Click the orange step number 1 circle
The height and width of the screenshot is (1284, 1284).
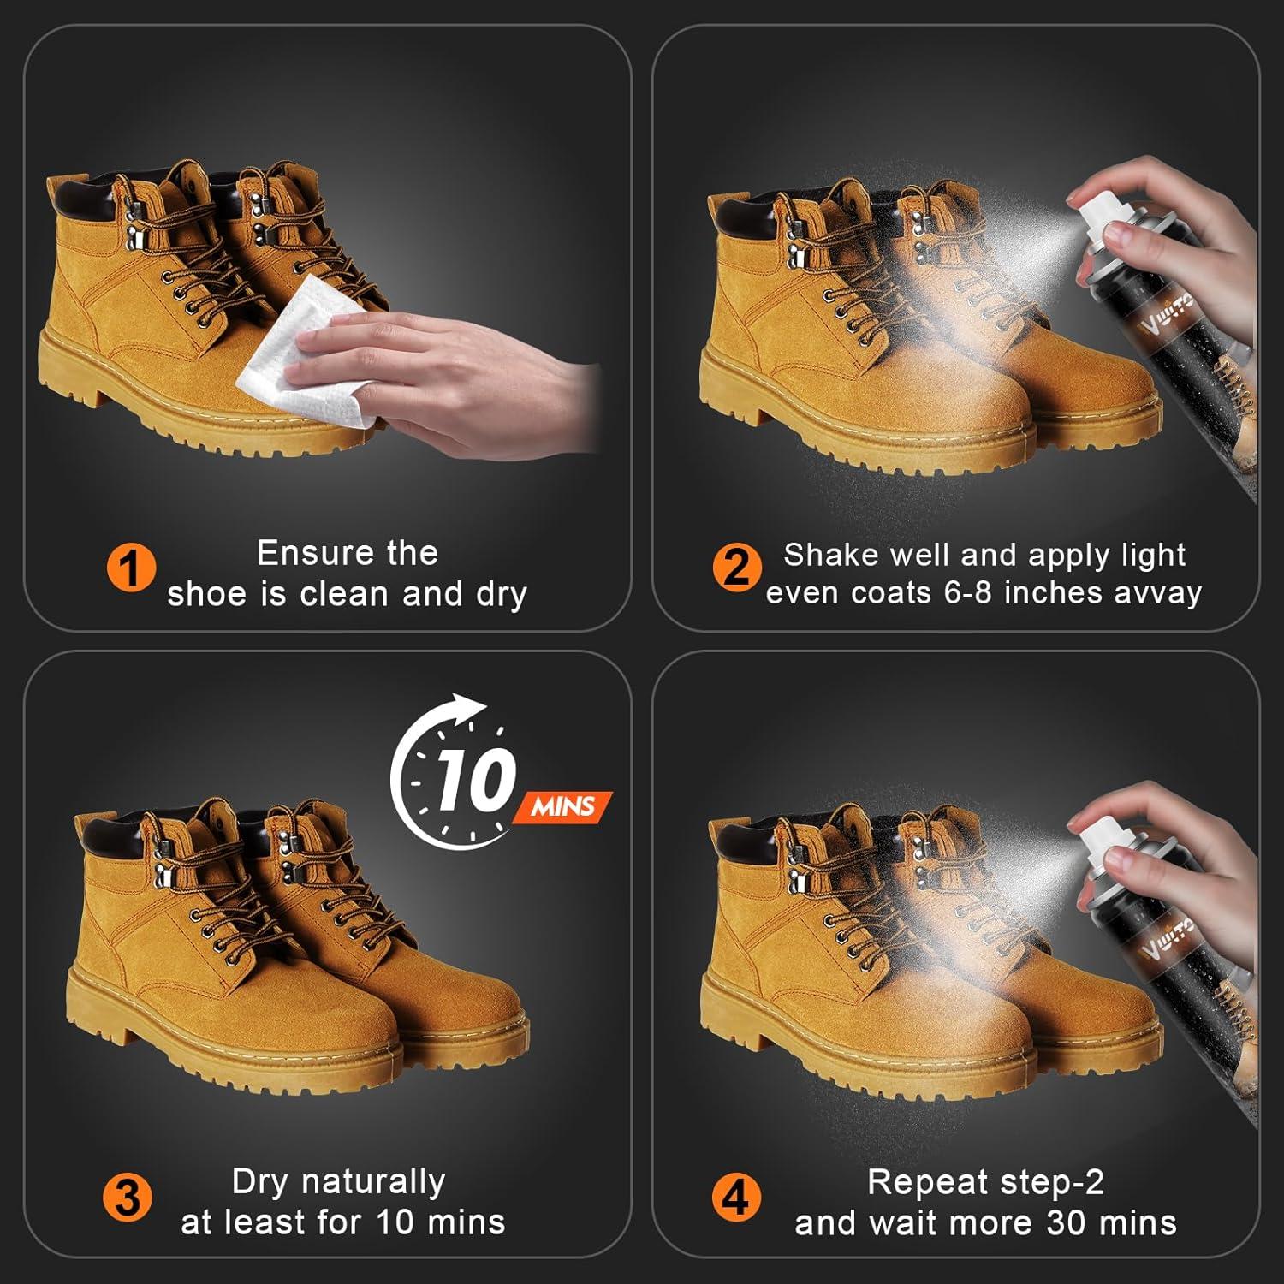(x=131, y=568)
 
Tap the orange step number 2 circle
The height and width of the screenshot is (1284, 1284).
(x=736, y=567)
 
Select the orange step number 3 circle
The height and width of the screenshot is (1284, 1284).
(x=128, y=1198)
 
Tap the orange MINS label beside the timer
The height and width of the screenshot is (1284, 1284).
(x=562, y=806)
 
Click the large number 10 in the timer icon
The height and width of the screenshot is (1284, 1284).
(x=476, y=779)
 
